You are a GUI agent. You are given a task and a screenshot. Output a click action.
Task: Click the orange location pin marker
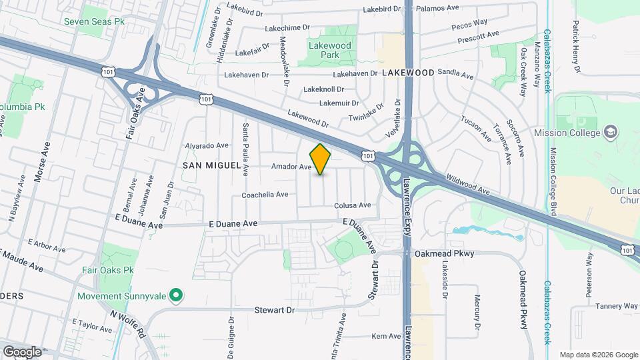321,159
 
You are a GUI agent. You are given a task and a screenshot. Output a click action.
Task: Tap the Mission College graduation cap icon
610,131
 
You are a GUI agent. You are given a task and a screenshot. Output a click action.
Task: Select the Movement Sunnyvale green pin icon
176,294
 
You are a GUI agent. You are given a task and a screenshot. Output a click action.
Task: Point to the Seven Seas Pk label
94,21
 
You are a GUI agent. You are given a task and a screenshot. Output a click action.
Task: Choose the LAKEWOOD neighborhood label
408,73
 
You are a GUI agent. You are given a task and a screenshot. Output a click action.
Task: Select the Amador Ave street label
291,167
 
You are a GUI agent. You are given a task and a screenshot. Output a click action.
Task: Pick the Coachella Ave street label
265,195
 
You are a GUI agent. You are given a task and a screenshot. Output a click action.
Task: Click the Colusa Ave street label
353,205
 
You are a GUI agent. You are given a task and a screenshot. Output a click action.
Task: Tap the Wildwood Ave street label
468,186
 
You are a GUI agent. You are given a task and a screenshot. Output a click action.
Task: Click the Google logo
21,351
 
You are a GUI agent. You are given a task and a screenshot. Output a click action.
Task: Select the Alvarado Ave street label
207,145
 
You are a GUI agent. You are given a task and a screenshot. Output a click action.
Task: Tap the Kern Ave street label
386,336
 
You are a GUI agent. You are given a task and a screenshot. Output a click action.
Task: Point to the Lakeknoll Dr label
323,89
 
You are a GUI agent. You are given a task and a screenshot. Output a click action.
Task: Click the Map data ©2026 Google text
598,355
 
